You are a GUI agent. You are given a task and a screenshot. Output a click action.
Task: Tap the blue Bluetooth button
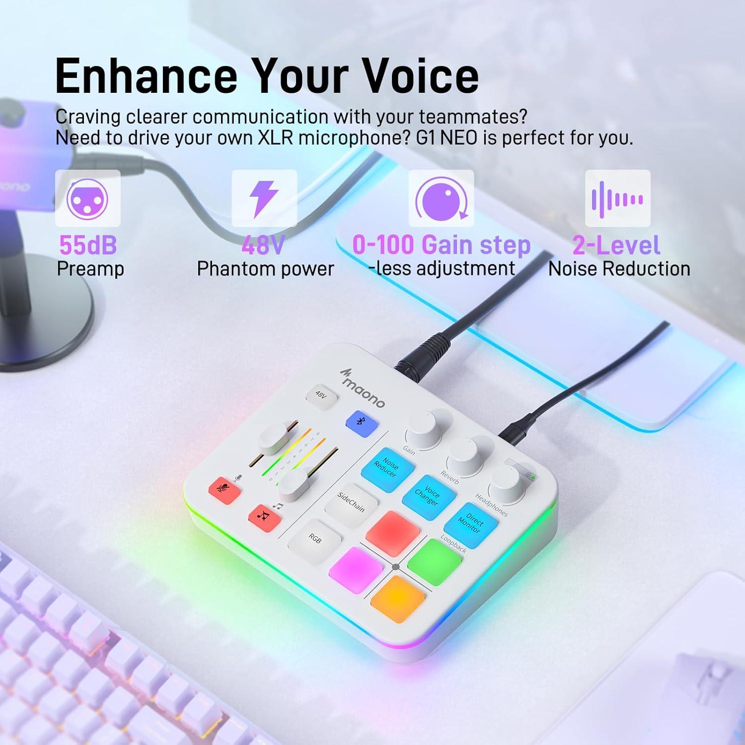click(x=361, y=423)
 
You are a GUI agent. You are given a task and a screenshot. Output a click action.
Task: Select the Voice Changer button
click(x=428, y=496)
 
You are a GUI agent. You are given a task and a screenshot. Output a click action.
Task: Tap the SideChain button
click(x=351, y=504)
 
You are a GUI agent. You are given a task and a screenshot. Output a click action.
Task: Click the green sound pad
click(x=435, y=560)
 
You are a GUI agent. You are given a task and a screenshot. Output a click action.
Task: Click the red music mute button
click(x=264, y=517)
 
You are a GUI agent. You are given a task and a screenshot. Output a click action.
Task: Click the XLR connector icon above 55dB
click(x=88, y=199)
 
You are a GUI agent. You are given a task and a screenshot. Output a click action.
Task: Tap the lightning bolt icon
click(x=264, y=199)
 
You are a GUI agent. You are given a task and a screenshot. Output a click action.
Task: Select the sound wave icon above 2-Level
click(x=617, y=199)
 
